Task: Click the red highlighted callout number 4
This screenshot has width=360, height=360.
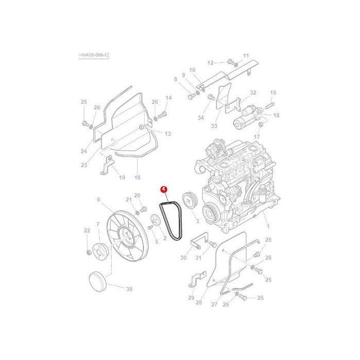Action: pos(163,190)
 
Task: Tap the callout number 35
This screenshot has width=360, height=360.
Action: pos(129,289)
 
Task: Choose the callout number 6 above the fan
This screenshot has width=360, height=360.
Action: pos(98,199)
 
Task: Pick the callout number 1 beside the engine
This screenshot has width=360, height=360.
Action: pos(267,227)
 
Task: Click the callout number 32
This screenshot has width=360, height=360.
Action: pos(253,93)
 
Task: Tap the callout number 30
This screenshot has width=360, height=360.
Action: pos(183,257)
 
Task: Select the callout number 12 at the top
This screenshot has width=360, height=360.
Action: pos(210,63)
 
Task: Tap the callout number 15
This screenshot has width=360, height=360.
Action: pos(273,93)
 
